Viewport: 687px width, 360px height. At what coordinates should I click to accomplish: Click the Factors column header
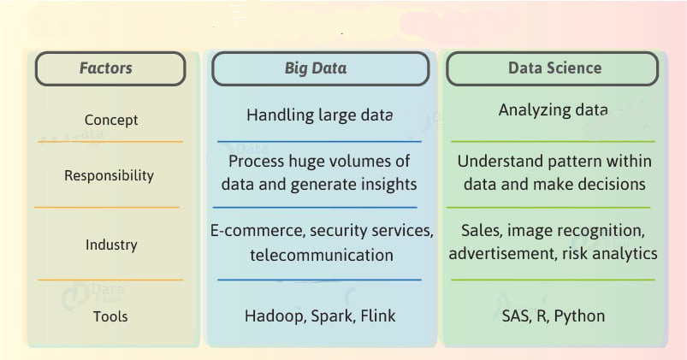point(110,68)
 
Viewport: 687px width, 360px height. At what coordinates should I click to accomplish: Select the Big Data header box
point(320,68)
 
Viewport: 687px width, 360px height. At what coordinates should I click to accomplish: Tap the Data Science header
point(554,68)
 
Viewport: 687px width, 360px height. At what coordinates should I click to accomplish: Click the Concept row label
point(111,121)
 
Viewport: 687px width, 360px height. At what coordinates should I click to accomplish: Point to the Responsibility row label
point(110,175)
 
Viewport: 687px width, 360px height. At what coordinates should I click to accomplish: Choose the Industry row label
point(111,245)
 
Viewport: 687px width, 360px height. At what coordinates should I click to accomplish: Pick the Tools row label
point(110,316)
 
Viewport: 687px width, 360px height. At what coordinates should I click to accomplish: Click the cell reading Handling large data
point(319,115)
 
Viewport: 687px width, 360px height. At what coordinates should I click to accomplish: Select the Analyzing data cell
point(553,110)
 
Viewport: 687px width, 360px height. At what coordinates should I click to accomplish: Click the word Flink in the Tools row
point(377,316)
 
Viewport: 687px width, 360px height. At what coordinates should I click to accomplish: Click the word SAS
point(517,316)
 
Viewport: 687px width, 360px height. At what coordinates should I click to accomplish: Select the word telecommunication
point(322,255)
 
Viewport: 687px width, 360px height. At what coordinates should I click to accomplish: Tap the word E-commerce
point(247,231)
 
